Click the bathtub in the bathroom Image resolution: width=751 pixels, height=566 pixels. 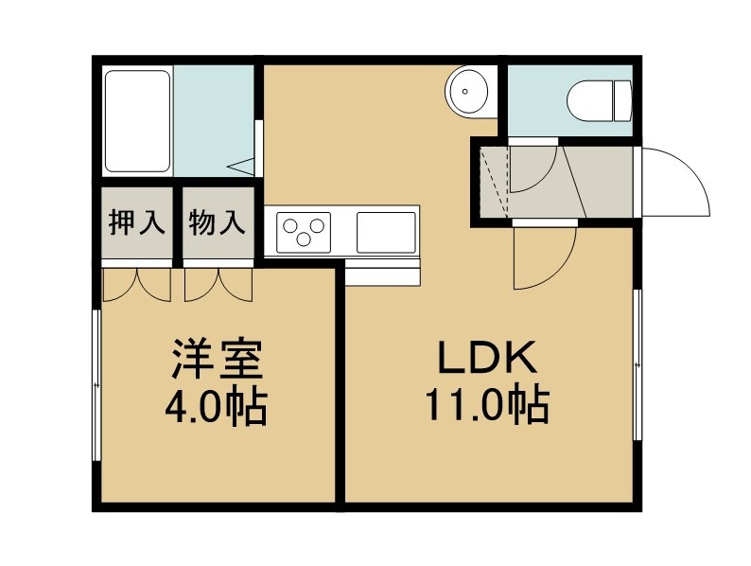tap(137, 121)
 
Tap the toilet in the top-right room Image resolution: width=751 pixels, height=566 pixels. tap(599, 101)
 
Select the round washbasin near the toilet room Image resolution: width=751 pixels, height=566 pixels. tap(467, 91)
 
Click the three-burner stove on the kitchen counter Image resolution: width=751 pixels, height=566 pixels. tap(304, 233)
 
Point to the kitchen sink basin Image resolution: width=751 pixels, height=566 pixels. tap(386, 233)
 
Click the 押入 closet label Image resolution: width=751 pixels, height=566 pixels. tap(137, 222)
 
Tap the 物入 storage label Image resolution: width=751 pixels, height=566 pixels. tap(217, 222)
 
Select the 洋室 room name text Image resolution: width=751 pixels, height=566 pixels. tap(218, 360)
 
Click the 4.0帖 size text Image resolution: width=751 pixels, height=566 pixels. tap(216, 406)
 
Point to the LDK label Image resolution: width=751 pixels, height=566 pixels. tap(487, 359)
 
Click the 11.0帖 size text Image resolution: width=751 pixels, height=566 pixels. tap(487, 405)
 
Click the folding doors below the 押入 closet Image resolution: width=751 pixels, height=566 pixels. tap(137, 285)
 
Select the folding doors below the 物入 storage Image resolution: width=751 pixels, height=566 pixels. tap(218, 285)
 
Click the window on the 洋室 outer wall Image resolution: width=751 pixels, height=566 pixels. tap(97, 386)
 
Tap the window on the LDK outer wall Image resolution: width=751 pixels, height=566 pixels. tap(637, 365)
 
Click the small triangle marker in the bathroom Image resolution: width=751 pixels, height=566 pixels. tap(241, 167)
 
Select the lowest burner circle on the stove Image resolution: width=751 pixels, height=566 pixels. tap(304, 239)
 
